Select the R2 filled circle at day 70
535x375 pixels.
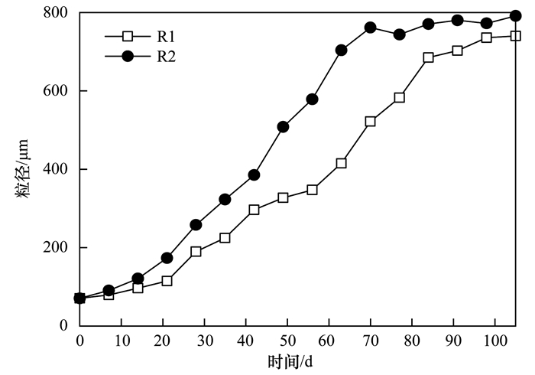pos(370,28)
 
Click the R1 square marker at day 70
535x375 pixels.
pos(370,121)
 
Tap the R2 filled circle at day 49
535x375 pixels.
pos(283,126)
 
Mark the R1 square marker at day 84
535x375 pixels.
pos(428,57)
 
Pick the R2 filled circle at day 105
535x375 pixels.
pos(515,16)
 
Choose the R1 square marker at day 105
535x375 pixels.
pos(515,35)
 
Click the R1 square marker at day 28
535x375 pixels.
pos(196,251)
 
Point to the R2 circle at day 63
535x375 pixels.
pos(341,50)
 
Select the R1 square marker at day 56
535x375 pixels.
pos(312,189)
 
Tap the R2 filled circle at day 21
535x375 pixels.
pos(167,258)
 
